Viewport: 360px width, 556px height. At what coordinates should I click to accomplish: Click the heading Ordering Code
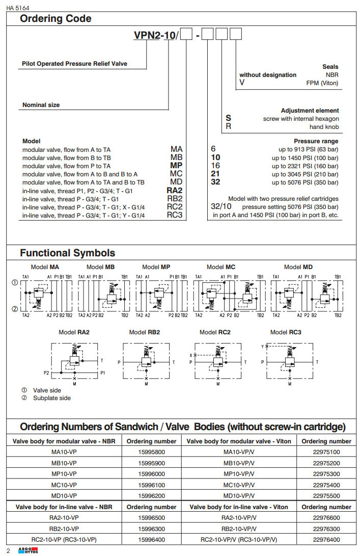pos(56,19)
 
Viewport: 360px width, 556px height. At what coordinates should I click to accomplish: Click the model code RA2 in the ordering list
pos(175,191)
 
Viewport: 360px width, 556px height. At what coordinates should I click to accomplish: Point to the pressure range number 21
pos(215,174)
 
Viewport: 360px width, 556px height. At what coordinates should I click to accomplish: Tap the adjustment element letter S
pos(229,118)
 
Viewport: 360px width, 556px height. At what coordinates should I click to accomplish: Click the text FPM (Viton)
pos(322,83)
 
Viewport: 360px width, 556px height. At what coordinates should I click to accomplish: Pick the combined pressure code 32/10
pos(221,207)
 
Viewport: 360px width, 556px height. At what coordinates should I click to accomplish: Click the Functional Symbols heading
pos(67,253)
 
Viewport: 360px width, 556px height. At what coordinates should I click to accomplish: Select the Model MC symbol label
pos(221,267)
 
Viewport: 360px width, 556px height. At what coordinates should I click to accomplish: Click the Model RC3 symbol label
pos(286,332)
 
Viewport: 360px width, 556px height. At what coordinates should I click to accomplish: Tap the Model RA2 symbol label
pos(74,332)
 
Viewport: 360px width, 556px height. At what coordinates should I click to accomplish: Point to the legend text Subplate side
pos(52,398)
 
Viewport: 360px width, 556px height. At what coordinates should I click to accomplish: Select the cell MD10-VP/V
pos(239,495)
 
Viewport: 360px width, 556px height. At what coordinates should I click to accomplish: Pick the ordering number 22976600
pos(326,518)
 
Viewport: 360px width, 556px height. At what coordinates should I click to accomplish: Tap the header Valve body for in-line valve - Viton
pos(239,507)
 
